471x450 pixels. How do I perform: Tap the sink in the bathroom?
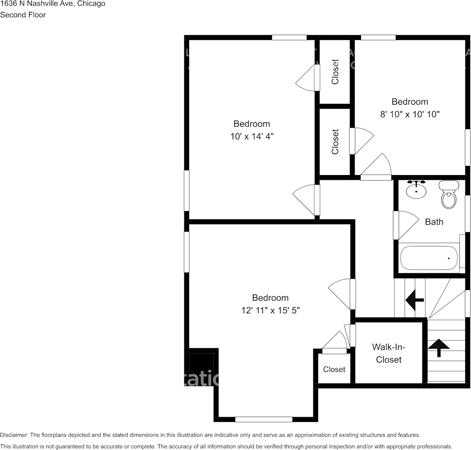416,190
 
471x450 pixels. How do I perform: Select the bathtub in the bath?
429,258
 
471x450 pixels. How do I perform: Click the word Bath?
434,222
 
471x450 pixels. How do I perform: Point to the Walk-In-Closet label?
389,353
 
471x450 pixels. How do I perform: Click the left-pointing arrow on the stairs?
415,300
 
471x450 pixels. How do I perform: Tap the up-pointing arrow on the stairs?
438,347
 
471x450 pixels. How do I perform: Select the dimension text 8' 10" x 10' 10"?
410,114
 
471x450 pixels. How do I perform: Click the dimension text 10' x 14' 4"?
251,137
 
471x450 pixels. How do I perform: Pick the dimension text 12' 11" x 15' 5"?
270,310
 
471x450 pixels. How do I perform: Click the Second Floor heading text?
23,15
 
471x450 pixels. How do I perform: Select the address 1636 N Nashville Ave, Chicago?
53,4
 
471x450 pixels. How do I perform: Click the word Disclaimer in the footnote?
14,435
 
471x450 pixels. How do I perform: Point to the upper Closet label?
335,72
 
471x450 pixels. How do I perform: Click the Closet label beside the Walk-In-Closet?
334,369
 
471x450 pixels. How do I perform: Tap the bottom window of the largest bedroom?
263,419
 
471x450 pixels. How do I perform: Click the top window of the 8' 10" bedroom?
378,38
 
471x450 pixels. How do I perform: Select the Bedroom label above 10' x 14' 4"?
251,124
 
